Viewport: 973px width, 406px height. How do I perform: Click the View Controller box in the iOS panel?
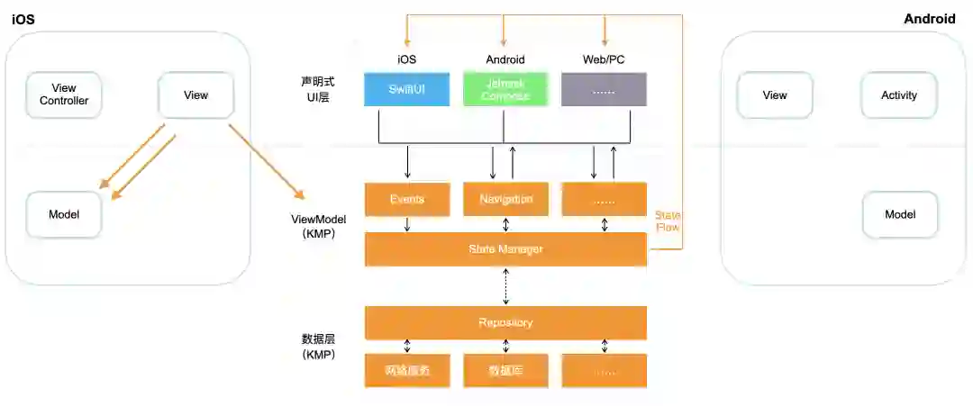[64, 95]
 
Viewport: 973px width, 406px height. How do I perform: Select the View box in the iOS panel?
[196, 95]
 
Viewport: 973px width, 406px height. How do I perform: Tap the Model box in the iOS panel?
[64, 214]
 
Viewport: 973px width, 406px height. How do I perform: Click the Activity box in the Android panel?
[899, 95]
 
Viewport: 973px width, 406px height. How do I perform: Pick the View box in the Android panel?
[775, 95]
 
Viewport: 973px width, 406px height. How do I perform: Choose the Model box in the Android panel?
[900, 214]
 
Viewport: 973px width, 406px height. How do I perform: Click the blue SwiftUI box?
[406, 89]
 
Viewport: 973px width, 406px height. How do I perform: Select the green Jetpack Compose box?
[505, 89]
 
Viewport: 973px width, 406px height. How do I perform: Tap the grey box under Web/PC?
[604, 89]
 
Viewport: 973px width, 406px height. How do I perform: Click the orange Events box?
[406, 199]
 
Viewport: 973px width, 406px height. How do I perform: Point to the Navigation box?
[505, 199]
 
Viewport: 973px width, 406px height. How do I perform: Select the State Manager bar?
[505, 248]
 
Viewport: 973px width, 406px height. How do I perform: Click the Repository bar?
[505, 322]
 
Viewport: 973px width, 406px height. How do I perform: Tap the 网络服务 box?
[406, 370]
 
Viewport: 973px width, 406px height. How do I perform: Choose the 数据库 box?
[505, 370]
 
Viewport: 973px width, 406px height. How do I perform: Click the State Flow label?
[668, 221]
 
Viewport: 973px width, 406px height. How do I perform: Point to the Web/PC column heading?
[604, 59]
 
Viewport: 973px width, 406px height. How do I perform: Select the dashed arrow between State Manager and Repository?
[505, 286]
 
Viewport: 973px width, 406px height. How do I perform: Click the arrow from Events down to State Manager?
[407, 224]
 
